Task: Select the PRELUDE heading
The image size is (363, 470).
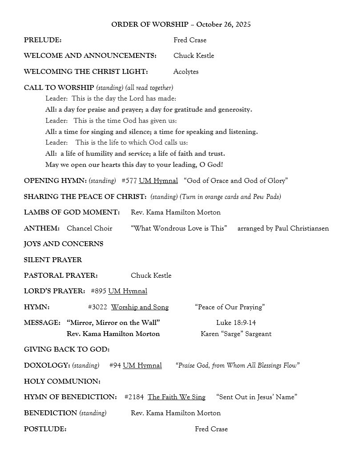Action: (43, 40)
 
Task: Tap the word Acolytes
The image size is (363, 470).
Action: (186, 72)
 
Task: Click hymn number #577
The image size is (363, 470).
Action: (129, 181)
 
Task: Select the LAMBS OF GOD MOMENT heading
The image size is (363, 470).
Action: (72, 212)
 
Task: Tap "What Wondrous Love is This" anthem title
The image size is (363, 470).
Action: (179, 228)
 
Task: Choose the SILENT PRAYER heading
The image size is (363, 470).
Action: (53, 260)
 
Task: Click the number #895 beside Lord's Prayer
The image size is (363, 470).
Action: (98, 291)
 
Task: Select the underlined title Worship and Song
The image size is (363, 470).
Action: (140, 307)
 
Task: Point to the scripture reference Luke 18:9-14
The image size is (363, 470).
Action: (236, 323)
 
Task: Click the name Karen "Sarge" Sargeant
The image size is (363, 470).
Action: (236, 334)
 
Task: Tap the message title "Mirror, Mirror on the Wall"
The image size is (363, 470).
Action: (113, 323)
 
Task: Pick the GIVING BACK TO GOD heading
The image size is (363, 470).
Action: (67, 350)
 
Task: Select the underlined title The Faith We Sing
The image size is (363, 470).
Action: (177, 397)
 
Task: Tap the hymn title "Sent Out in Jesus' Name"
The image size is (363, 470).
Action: (257, 397)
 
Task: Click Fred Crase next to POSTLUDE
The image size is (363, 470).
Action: (211, 429)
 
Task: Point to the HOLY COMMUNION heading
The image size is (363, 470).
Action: (62, 381)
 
